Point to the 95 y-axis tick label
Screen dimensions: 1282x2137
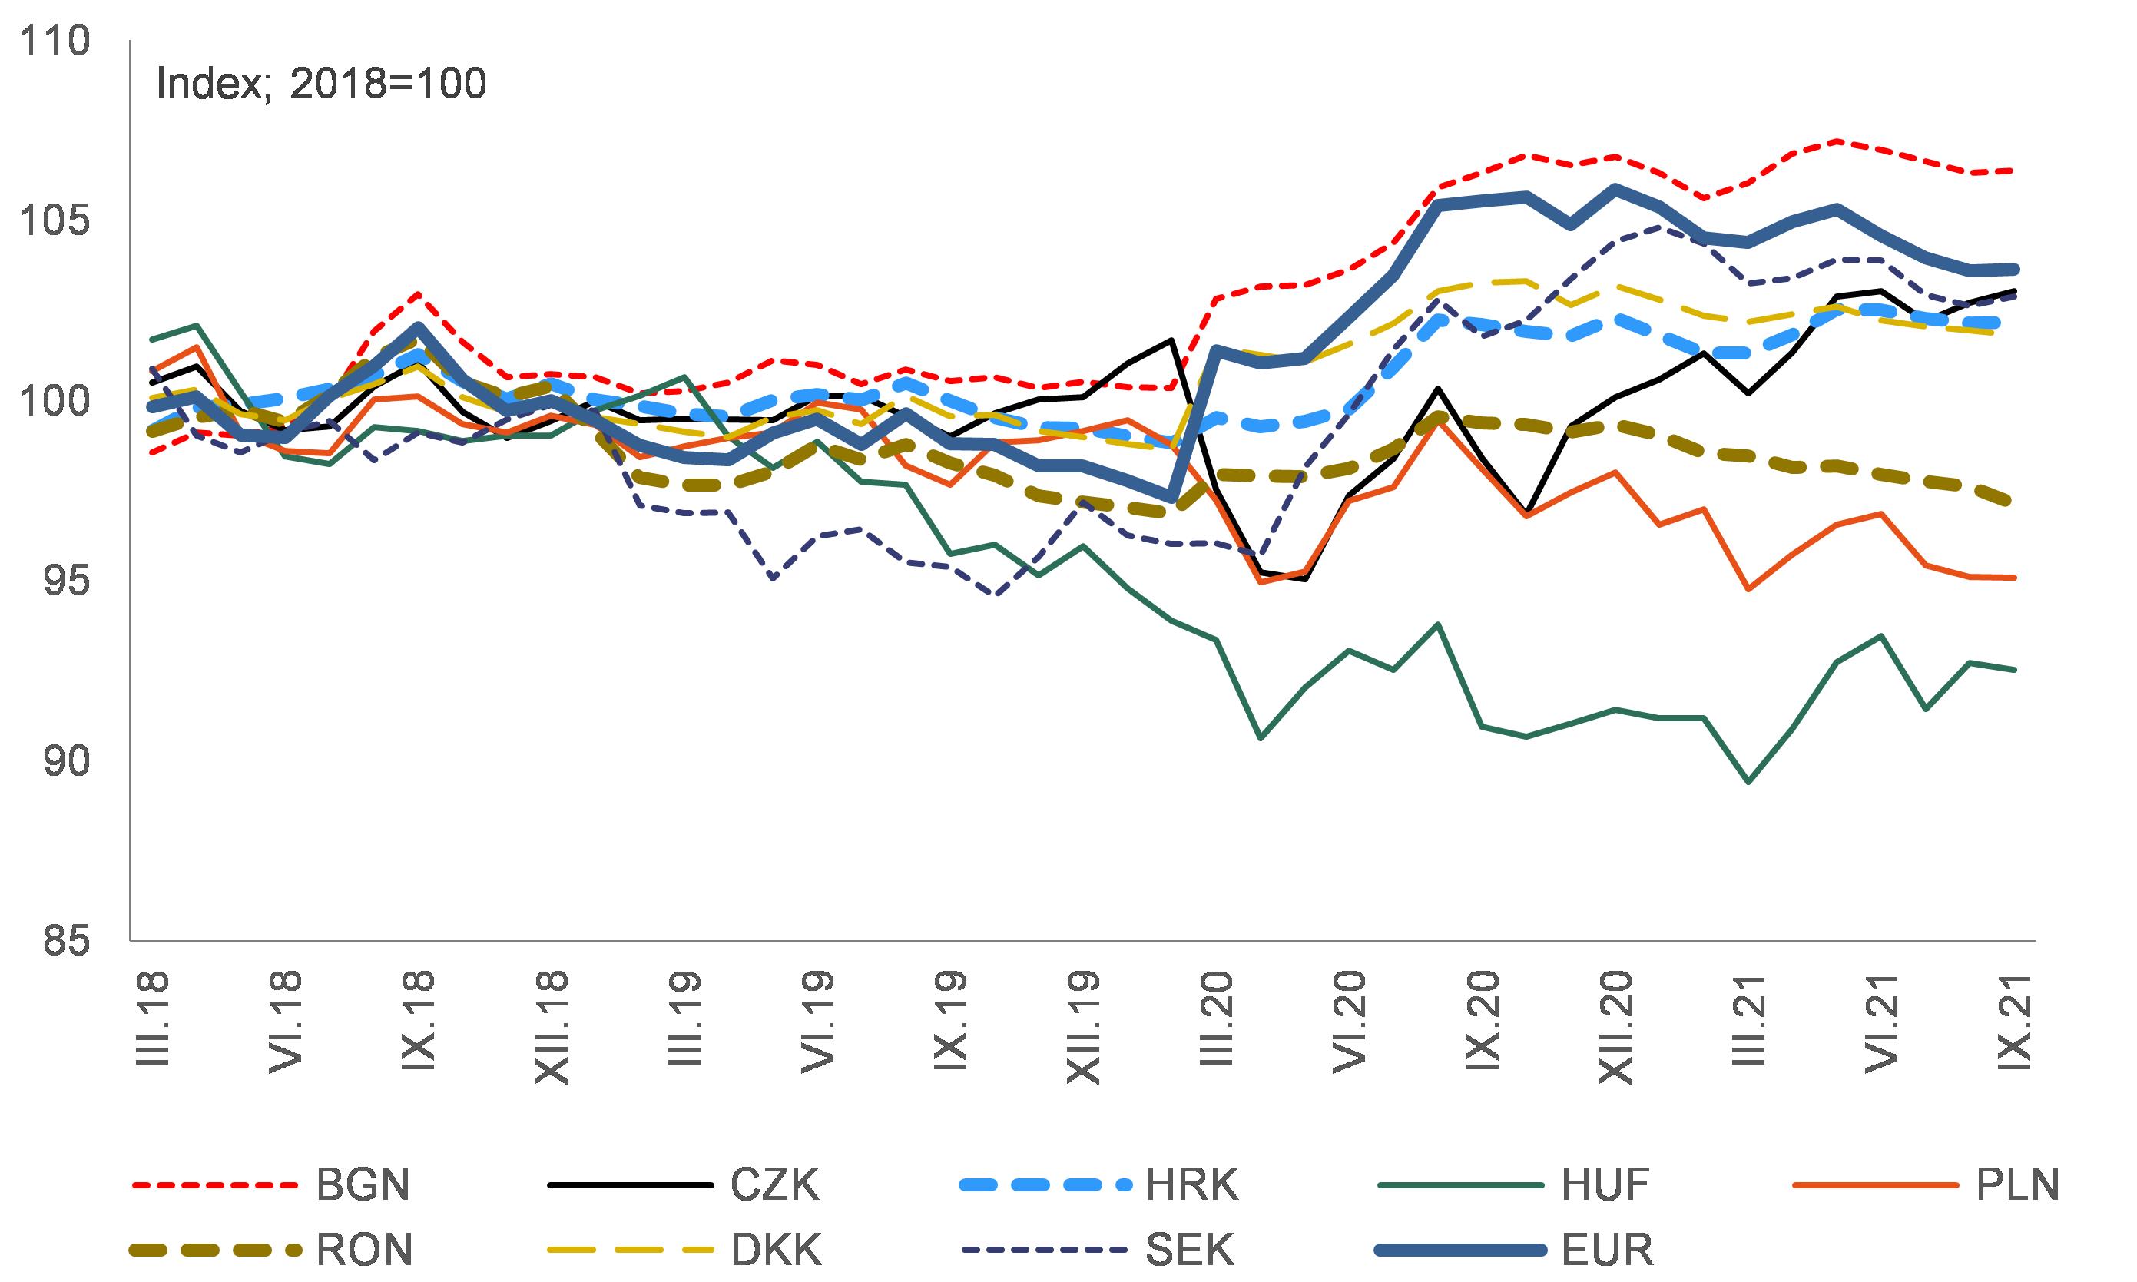point(65,581)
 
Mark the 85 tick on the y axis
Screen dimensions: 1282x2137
point(65,941)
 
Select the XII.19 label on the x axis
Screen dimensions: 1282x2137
point(1082,1028)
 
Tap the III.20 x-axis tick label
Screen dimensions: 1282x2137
point(1215,1019)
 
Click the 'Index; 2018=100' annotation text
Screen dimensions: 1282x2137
point(320,84)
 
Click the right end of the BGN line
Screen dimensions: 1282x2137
point(2014,171)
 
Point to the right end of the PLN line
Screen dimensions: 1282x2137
point(2014,578)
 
